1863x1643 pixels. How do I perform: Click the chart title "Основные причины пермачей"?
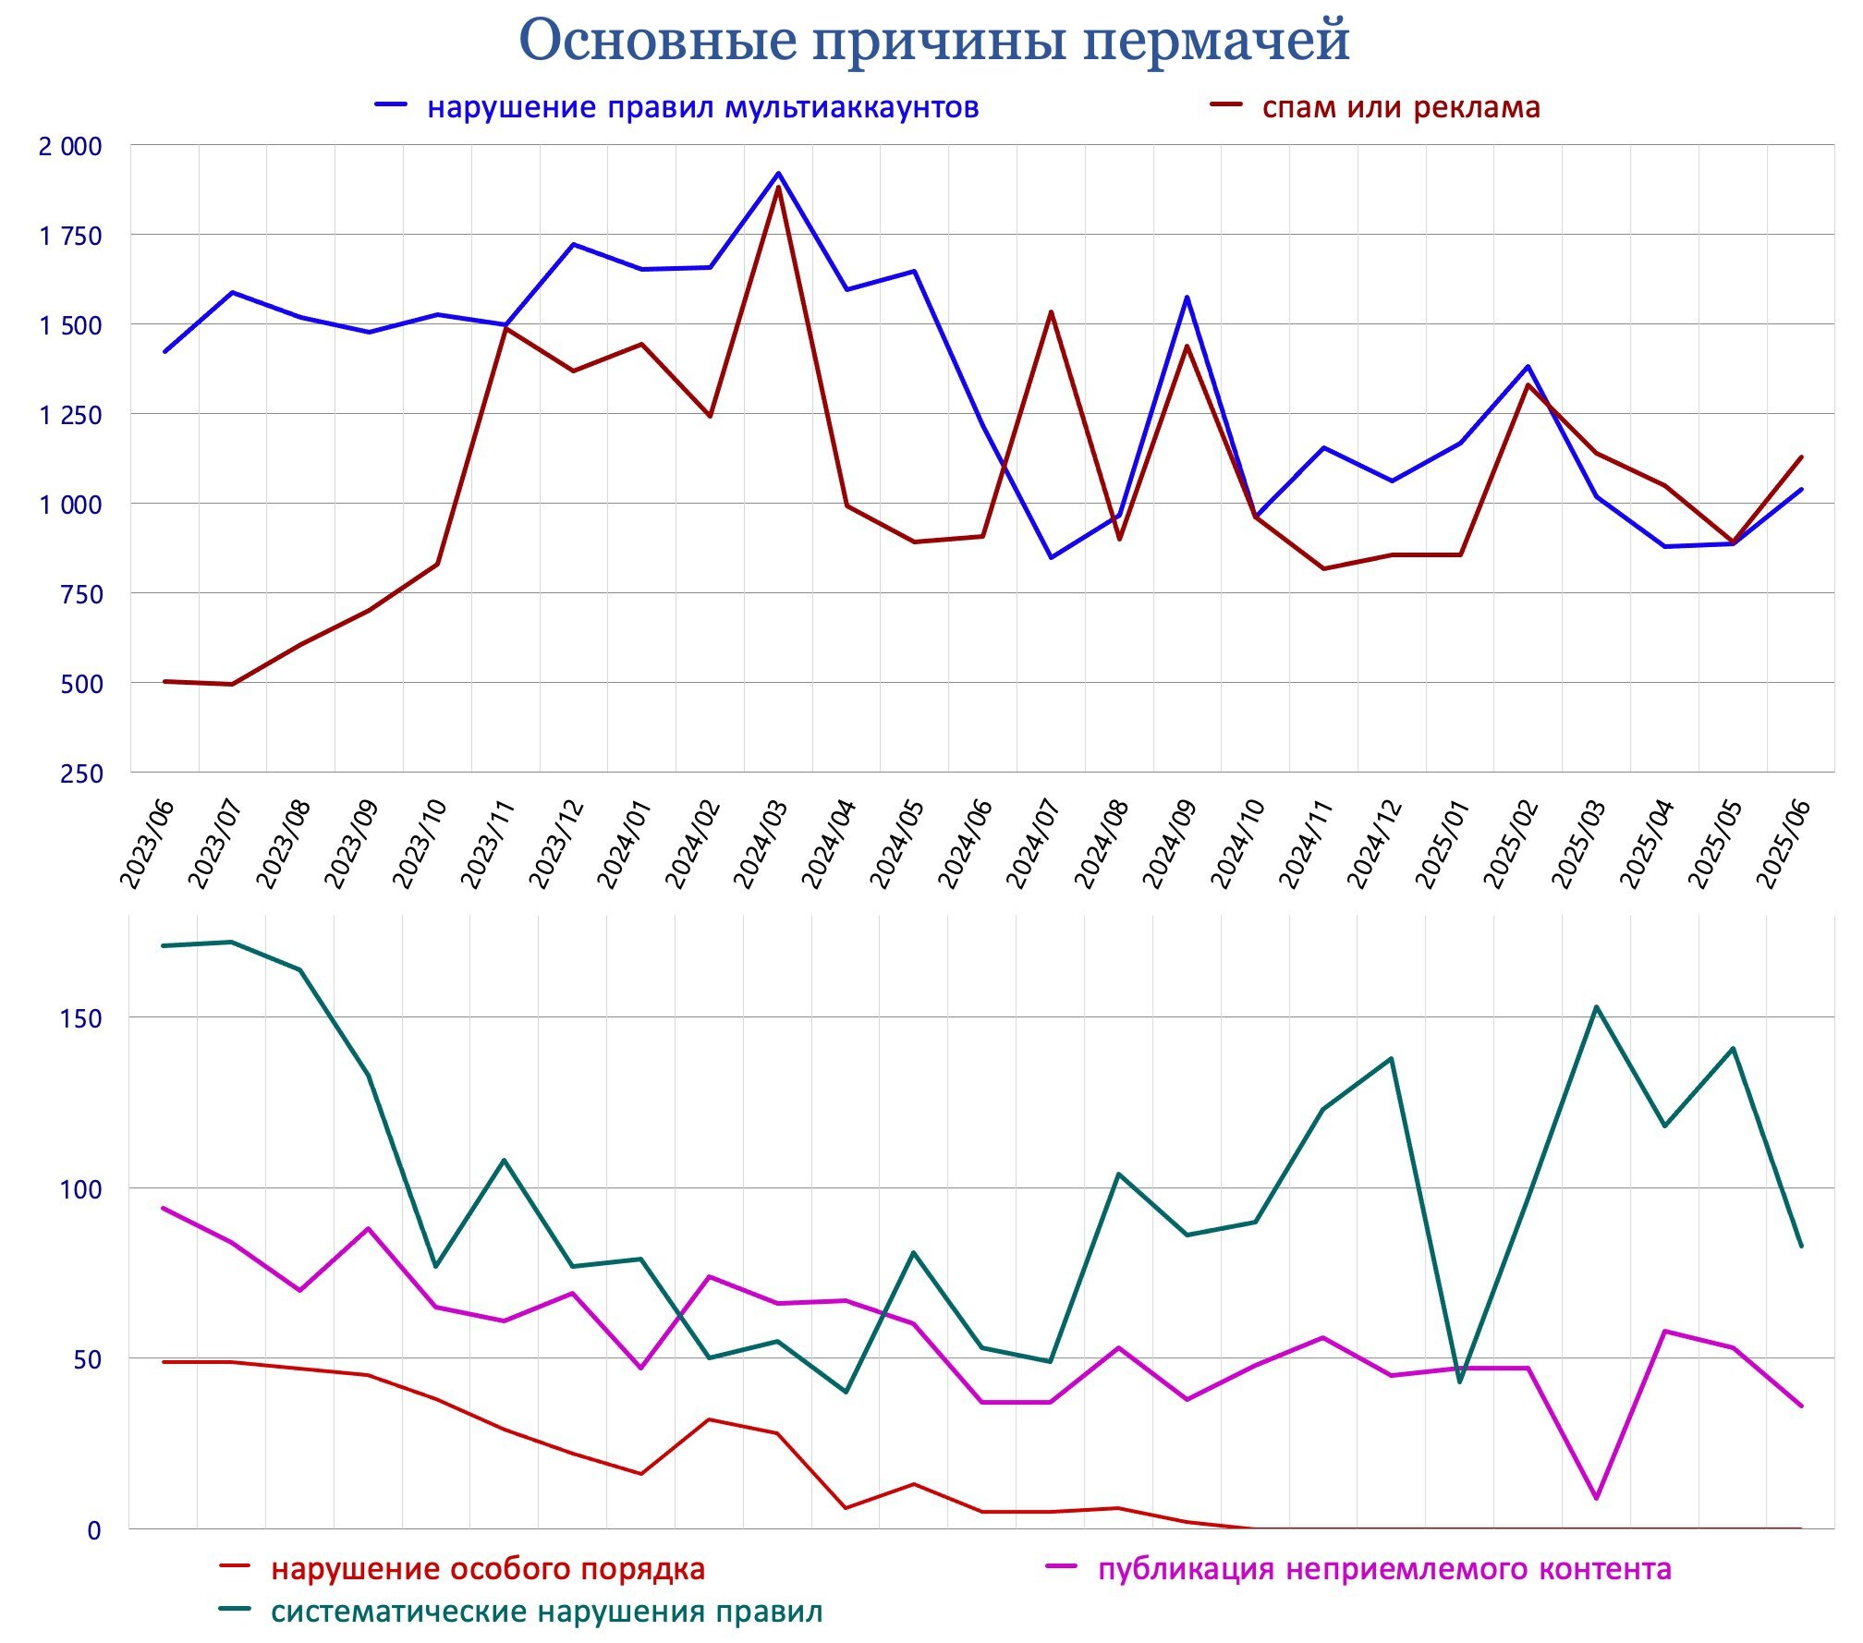tap(933, 41)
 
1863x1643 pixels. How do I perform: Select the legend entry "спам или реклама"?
tap(1400, 108)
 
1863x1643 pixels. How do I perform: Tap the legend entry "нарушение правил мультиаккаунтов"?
tap(702, 108)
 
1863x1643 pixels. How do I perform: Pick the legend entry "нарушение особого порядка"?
tap(487, 1568)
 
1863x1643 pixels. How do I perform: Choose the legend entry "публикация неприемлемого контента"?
tap(1383, 1568)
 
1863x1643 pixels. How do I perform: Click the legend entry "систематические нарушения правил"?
tap(545, 1612)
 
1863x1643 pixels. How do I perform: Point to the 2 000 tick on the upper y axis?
tap(70, 147)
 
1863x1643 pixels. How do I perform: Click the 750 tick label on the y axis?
tap(82, 594)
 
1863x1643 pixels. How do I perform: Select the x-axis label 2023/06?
tap(147, 844)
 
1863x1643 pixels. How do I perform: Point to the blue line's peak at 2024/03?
tap(778, 173)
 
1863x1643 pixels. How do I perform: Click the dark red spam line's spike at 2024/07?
tap(1051, 311)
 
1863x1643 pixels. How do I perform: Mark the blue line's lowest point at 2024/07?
tap(1051, 557)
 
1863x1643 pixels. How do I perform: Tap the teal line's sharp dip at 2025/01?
tap(1460, 1381)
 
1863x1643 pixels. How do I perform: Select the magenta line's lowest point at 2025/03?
tap(1596, 1498)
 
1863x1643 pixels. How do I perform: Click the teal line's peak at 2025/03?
tap(1596, 1006)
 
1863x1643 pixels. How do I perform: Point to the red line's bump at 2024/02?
tap(709, 1418)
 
